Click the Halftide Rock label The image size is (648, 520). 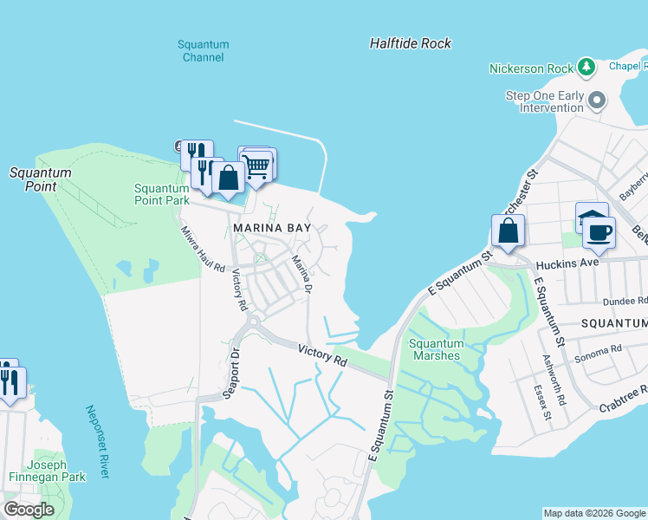[x=410, y=42]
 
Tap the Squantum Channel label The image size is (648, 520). [x=204, y=51]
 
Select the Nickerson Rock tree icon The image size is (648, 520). [x=586, y=67]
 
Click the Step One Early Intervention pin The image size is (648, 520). [x=597, y=101]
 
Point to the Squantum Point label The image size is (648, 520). [x=40, y=179]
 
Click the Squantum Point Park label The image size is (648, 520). [x=161, y=194]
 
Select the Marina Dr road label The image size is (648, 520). [x=301, y=273]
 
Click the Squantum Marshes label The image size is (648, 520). [x=436, y=349]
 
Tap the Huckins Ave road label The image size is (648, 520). [x=568, y=263]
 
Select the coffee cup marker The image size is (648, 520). [x=599, y=231]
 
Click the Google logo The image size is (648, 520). [x=29, y=509]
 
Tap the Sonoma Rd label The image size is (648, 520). [x=605, y=348]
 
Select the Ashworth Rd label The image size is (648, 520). [x=559, y=389]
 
